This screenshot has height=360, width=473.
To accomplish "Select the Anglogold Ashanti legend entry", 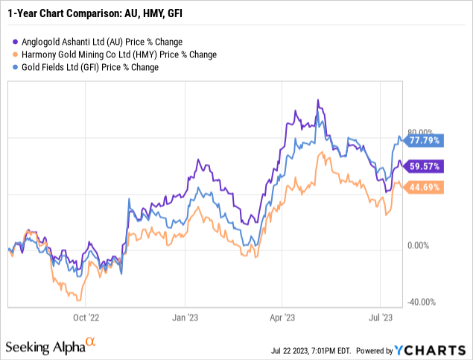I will pos(98,42).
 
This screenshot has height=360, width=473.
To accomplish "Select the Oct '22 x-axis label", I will pos(86,316).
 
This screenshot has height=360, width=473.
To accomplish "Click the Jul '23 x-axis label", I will pos(381,316).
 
